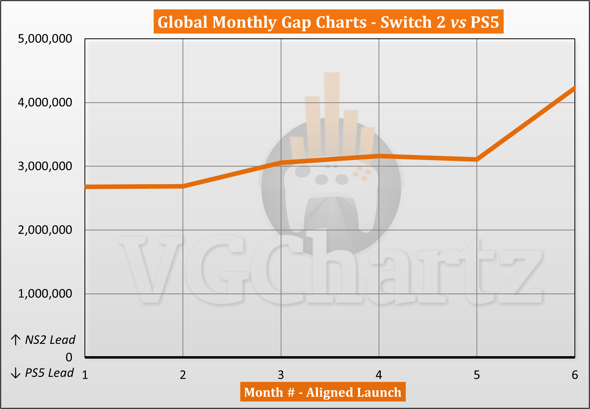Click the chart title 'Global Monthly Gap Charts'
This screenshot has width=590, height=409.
click(x=328, y=22)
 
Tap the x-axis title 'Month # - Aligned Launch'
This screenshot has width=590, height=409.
click(x=323, y=392)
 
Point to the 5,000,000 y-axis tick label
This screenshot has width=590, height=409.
click(x=45, y=39)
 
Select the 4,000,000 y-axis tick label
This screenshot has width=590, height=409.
click(x=45, y=102)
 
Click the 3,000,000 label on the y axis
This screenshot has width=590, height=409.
click(x=45, y=166)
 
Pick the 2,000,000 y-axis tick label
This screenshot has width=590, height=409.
click(x=45, y=230)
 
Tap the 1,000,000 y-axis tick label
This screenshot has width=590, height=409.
click(x=45, y=294)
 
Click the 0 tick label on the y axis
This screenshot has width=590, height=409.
click(x=69, y=357)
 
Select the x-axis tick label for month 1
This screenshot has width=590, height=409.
click(x=85, y=375)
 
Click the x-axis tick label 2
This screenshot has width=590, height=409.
click(x=183, y=375)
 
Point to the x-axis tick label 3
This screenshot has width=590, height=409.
click(x=281, y=375)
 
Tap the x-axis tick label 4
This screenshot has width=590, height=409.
click(x=379, y=375)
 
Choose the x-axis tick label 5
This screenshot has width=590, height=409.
click(x=477, y=375)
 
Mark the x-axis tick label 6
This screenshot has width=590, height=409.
click(x=574, y=375)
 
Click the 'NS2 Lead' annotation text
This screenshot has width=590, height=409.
click(x=50, y=340)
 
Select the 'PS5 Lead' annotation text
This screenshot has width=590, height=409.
click(x=49, y=373)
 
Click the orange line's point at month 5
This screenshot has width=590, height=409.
click(x=477, y=159)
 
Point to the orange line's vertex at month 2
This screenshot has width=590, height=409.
click(x=183, y=186)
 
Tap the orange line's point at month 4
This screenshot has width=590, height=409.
click(x=379, y=156)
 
